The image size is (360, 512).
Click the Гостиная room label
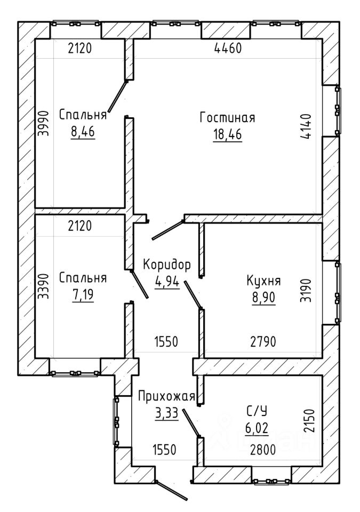(227, 117)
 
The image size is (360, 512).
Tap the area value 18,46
(227, 134)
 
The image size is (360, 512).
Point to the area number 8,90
(263, 298)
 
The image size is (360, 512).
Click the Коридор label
(166, 265)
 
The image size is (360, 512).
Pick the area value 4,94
(167, 281)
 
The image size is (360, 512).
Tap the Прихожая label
(166, 397)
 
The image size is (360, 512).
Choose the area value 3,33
(166, 413)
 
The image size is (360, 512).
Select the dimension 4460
(228, 49)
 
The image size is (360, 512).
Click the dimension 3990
(43, 123)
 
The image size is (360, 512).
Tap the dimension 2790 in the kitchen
(263, 342)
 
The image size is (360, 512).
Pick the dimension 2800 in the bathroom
(263, 450)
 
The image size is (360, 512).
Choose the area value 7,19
(83, 294)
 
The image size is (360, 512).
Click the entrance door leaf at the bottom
(172, 491)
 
